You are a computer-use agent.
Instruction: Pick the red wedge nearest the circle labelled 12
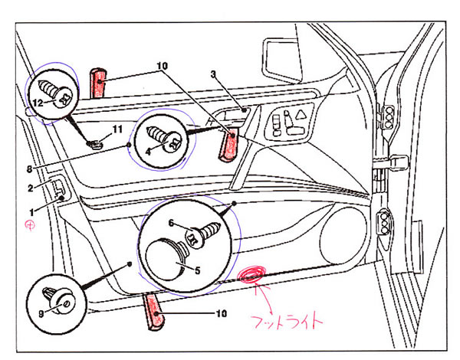tap(98, 85)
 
